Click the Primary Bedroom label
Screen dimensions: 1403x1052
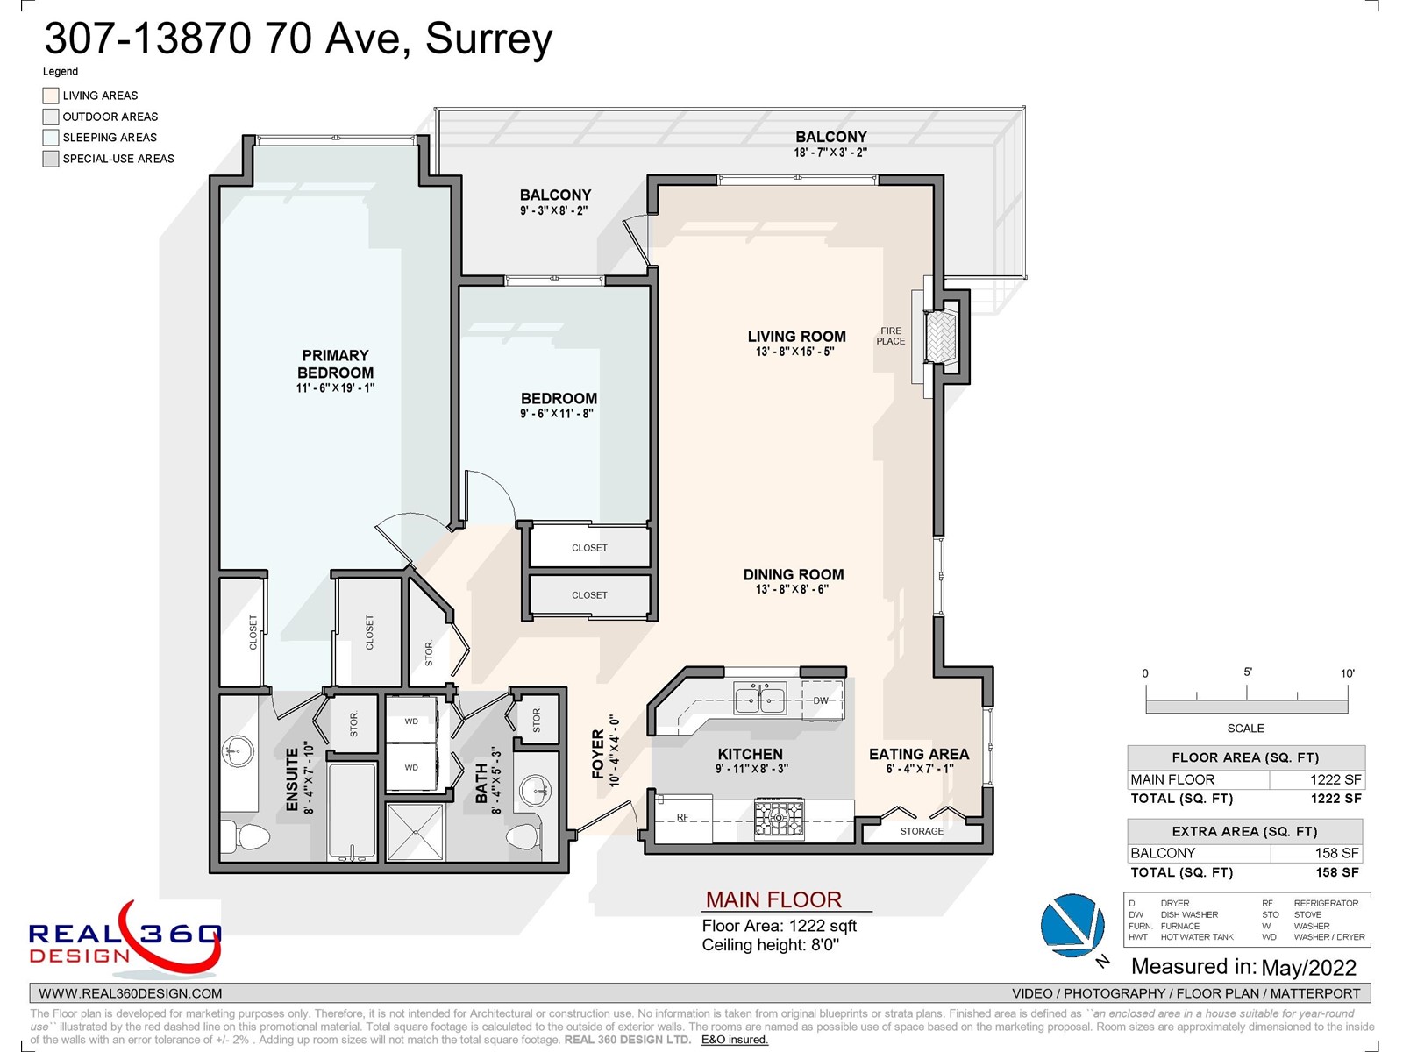(335, 364)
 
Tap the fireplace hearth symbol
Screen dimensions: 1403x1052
(941, 337)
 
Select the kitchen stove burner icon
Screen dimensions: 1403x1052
(779, 817)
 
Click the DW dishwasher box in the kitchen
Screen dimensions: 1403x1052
(822, 700)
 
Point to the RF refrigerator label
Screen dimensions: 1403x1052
(682, 817)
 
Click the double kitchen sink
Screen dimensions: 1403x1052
(759, 699)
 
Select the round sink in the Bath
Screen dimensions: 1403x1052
(534, 791)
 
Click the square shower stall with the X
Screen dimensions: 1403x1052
(416, 832)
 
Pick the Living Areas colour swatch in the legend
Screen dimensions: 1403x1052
(51, 96)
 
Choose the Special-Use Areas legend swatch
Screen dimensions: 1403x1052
(51, 159)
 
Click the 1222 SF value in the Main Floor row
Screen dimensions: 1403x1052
(1335, 779)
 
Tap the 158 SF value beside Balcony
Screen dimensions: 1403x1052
(1336, 853)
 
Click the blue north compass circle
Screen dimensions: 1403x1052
(1072, 925)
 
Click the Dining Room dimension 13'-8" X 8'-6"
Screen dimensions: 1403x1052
(792, 589)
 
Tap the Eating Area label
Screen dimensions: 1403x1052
(918, 754)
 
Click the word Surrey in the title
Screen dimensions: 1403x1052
(488, 39)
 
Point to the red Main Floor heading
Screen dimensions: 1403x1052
(773, 899)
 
